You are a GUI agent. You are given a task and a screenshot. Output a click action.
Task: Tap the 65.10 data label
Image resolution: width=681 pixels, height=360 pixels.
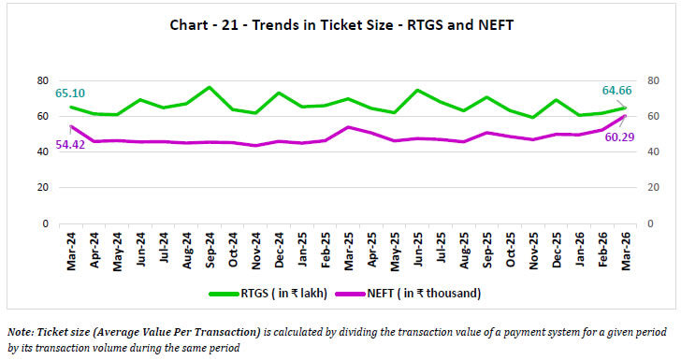click(x=71, y=94)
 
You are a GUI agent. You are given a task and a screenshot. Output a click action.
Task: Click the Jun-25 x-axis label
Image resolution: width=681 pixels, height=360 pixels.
click(x=415, y=251)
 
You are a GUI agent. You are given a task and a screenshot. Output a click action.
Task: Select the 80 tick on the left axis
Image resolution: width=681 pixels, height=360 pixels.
click(x=42, y=80)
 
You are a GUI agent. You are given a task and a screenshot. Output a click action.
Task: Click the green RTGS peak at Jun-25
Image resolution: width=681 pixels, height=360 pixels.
click(x=415, y=91)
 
